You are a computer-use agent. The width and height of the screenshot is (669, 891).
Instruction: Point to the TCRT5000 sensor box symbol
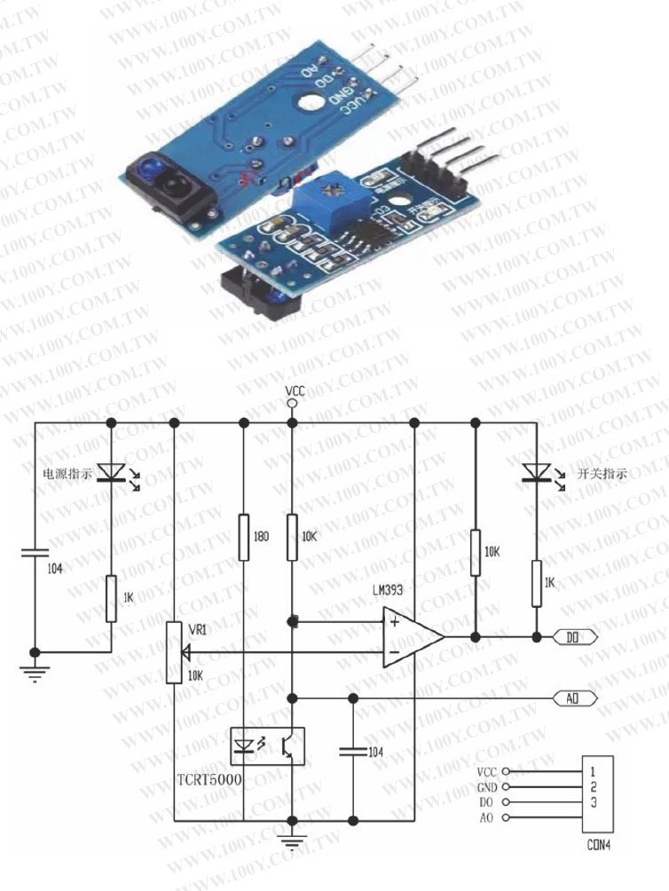pos(266,746)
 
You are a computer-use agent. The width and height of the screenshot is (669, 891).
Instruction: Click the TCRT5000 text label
pos(210,779)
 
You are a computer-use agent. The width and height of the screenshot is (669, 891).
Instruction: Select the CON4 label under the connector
pos(599,845)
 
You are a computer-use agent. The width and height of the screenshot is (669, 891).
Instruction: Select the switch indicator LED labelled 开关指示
pos(535,473)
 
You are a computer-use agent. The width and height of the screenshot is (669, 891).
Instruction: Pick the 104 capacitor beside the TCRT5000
pos(352,752)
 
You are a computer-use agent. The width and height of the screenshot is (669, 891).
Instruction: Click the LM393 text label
pos(390,590)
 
